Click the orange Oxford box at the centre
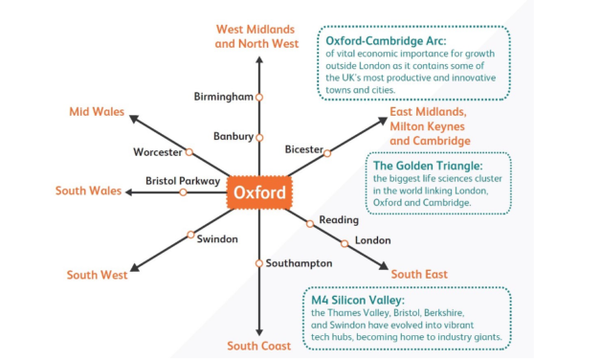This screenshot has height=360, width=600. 258,192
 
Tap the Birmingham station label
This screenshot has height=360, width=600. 223,98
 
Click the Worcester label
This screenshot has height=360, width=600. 159,152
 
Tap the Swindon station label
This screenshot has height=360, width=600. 217,238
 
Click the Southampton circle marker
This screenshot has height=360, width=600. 258,263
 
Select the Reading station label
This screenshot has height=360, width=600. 339,220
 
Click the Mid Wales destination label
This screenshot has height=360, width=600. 97,112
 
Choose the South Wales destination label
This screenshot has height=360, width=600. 88,191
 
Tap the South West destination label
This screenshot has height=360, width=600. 97,276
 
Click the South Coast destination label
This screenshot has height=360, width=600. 258,346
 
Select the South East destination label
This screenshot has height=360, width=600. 419,275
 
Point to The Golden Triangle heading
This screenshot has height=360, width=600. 428,165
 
